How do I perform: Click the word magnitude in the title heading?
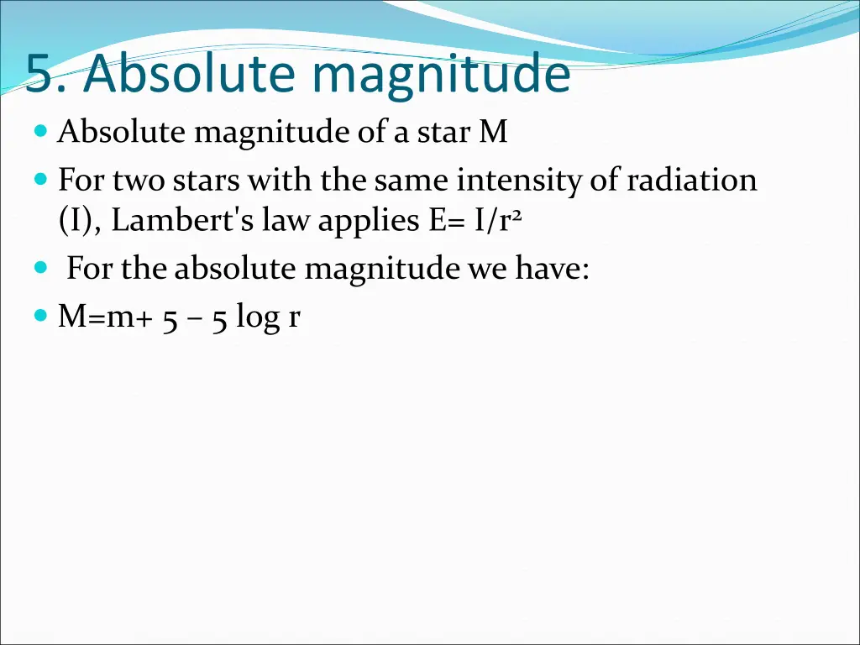pos(440,76)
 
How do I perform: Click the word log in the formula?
pos(258,318)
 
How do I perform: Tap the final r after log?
pos(294,318)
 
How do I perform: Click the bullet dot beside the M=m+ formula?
pos(42,317)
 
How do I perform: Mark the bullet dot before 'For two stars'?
pos(42,180)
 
